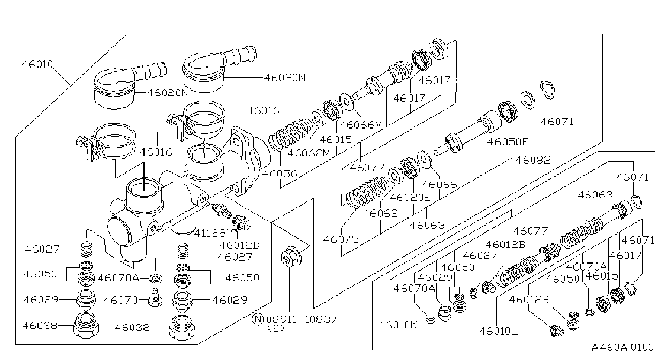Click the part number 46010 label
click(37, 64)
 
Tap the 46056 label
click(279, 174)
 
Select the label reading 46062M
click(309, 153)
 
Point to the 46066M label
click(361, 125)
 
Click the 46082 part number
click(533, 160)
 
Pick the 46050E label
click(508, 141)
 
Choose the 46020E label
click(410, 197)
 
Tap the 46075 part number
click(341, 239)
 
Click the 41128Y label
click(214, 233)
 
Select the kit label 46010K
click(398, 325)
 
